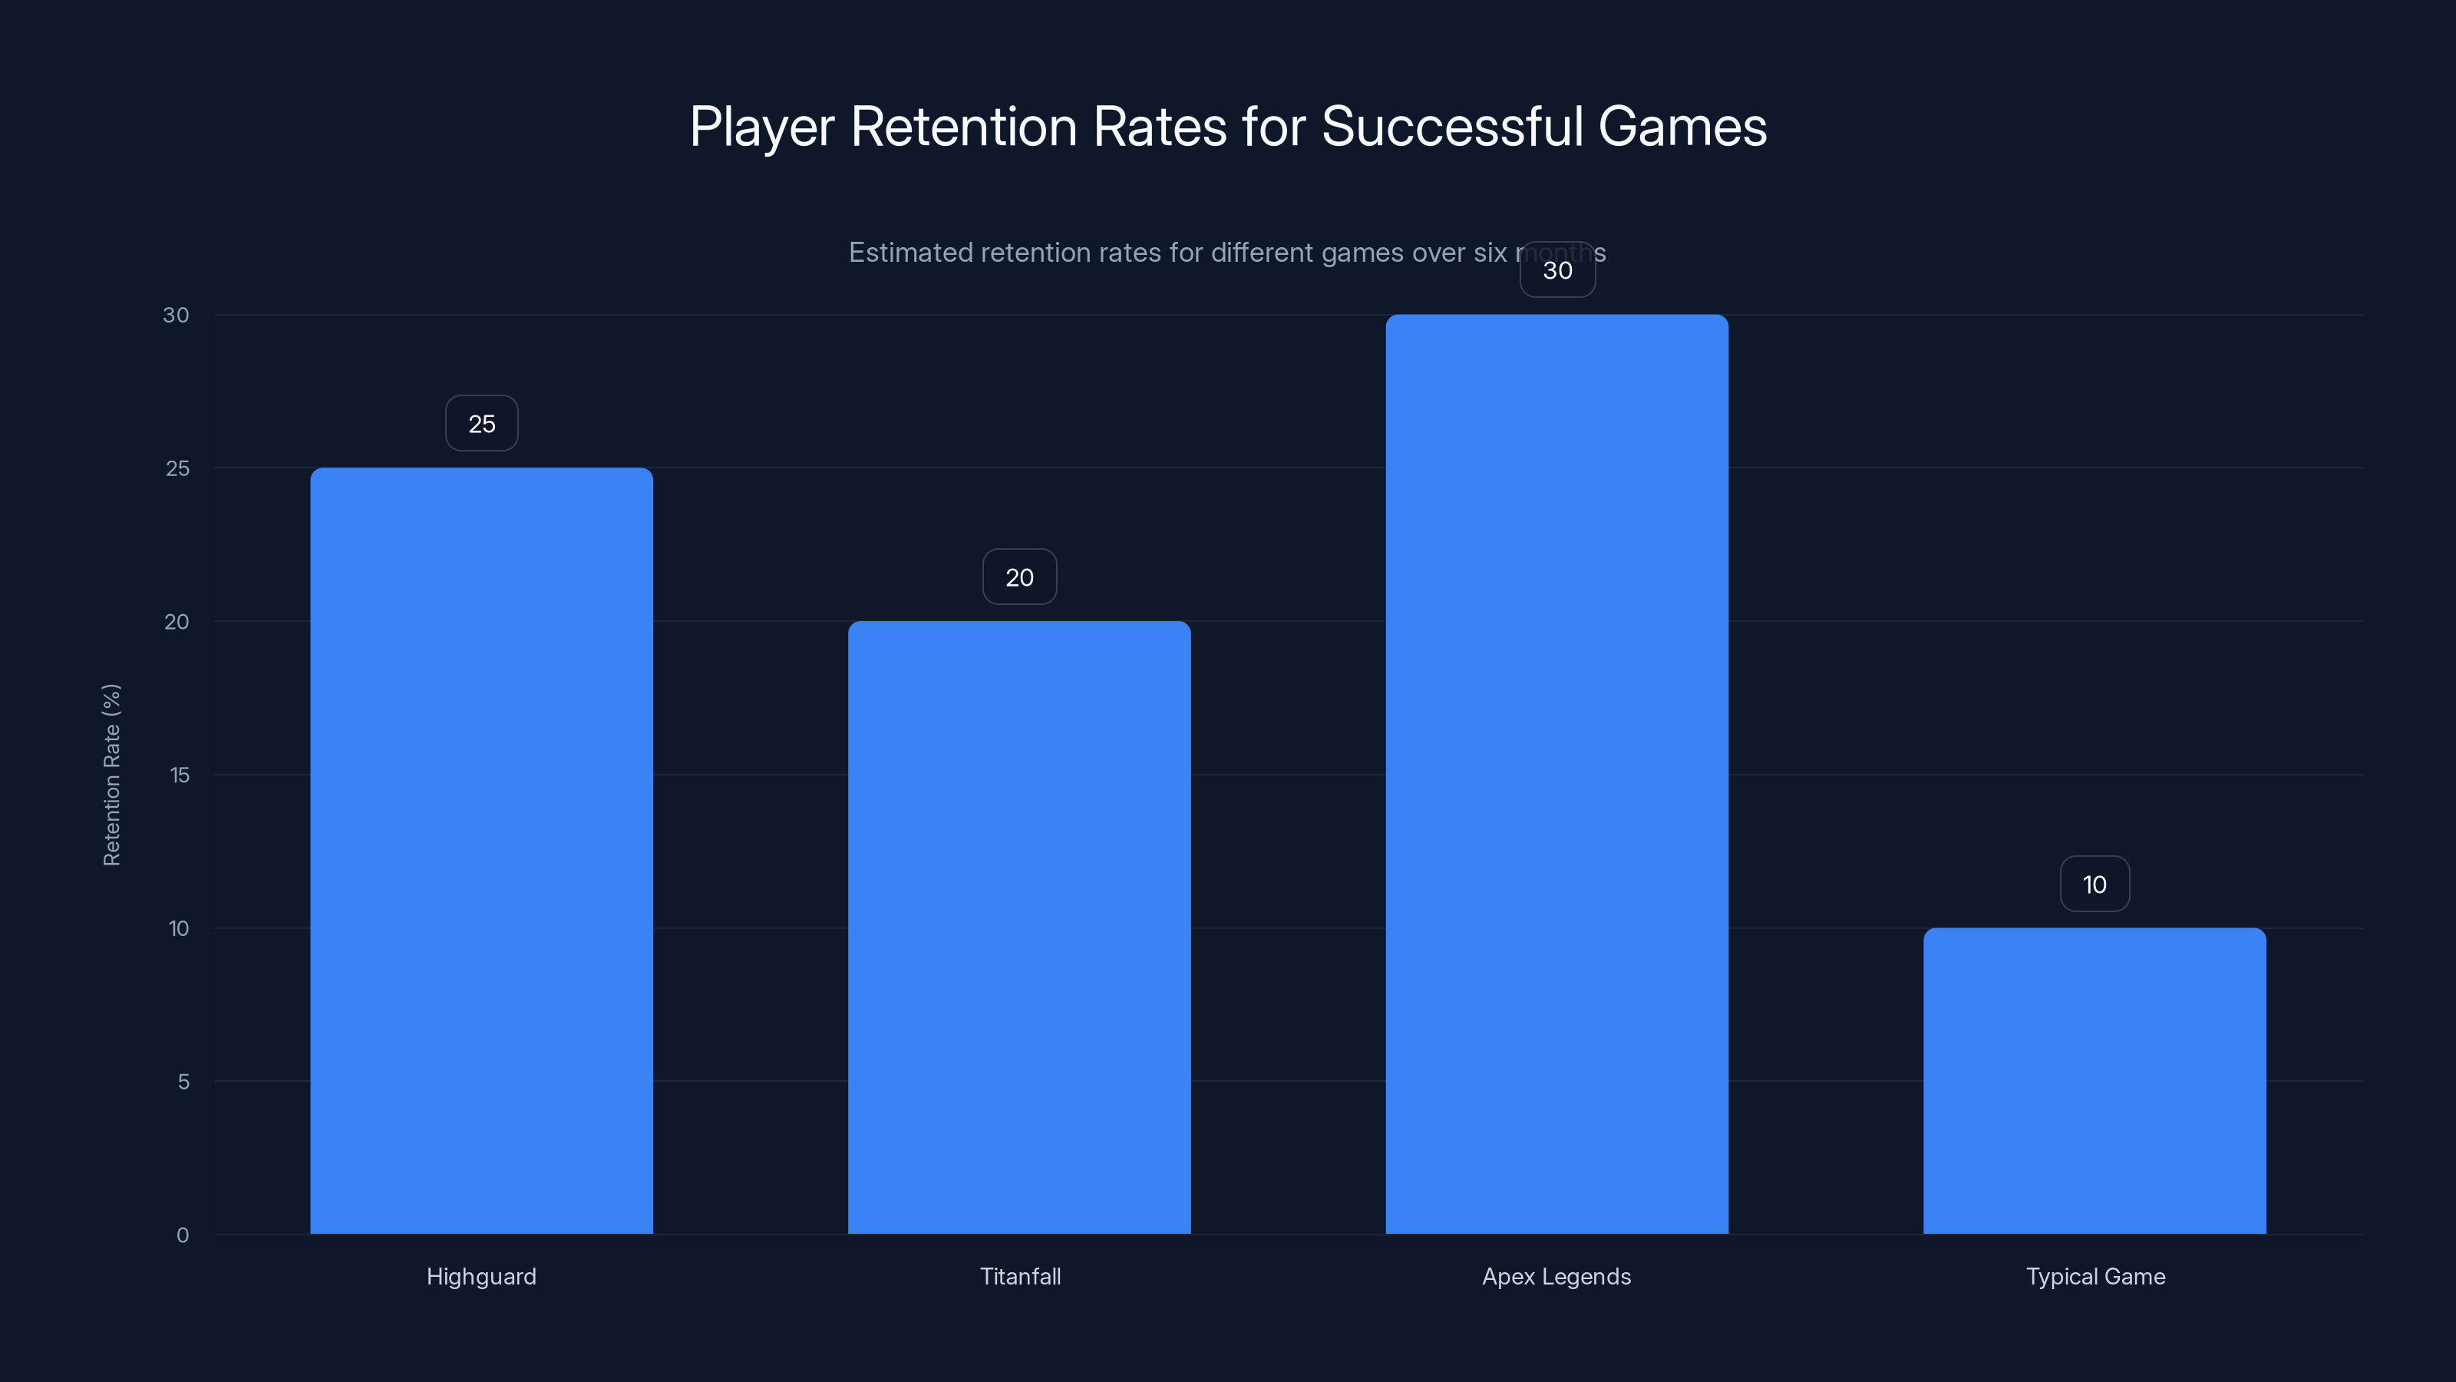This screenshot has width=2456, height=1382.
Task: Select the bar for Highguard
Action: tap(481, 851)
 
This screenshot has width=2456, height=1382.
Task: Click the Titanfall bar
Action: tap(1019, 927)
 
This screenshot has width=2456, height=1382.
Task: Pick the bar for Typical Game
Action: tap(2095, 1080)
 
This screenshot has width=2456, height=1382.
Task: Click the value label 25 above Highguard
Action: tap(481, 424)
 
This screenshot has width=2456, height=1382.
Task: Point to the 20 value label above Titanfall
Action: tap(1019, 577)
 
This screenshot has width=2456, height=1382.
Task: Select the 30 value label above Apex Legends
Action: tap(1557, 271)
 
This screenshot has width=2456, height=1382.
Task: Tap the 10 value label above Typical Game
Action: tap(2095, 884)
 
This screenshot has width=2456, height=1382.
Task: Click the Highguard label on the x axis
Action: tap(481, 1276)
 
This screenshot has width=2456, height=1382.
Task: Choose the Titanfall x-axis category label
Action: tap(1020, 1276)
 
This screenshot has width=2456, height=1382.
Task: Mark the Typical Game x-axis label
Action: tap(2095, 1276)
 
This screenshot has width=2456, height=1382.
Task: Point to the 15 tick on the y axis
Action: tap(180, 775)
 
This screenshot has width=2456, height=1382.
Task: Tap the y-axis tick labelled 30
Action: tap(176, 315)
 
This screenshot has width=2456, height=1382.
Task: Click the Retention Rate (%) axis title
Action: tap(111, 775)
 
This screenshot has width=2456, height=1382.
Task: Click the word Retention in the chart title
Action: tap(963, 127)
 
